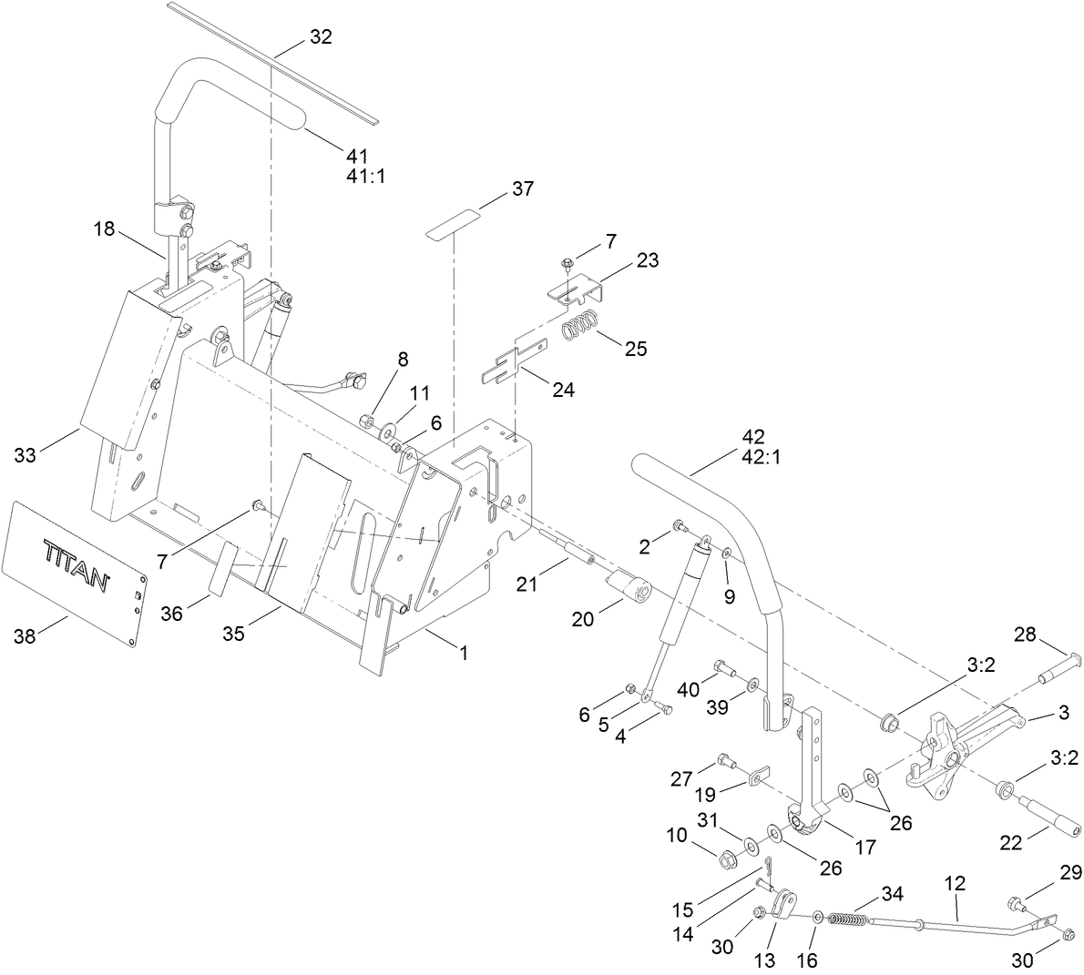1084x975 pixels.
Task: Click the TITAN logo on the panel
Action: [76, 564]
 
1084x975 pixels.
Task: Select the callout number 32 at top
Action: [321, 37]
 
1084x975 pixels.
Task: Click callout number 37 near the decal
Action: [522, 188]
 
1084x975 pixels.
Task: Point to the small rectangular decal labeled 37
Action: [455, 223]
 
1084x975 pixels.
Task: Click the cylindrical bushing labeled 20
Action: [628, 585]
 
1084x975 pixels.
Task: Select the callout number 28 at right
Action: [1026, 634]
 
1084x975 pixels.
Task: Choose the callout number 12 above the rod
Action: [956, 883]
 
